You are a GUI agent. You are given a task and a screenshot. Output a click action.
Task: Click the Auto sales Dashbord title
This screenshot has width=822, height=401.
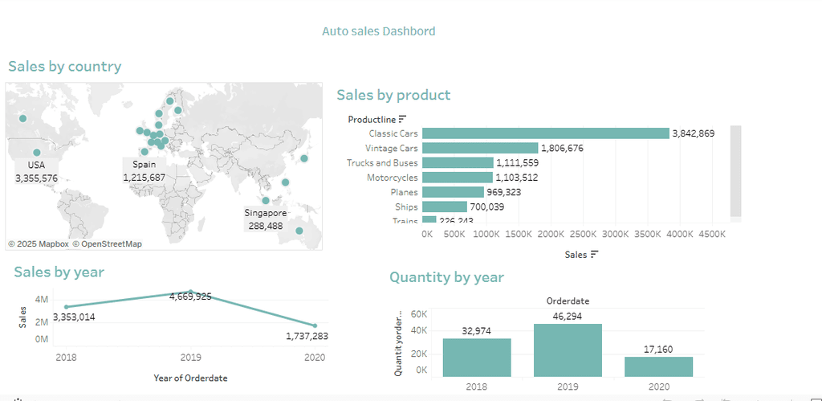point(378,31)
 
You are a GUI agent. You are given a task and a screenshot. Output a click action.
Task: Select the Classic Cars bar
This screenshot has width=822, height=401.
point(545,133)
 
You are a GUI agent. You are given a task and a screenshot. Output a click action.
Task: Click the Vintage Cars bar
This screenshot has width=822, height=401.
point(479,148)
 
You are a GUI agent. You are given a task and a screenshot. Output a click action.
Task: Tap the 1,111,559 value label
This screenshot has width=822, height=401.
point(523,163)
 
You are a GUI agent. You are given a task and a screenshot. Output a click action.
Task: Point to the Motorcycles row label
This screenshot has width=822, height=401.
point(392,178)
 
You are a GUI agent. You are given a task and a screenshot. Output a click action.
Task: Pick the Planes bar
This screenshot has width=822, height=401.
point(453,192)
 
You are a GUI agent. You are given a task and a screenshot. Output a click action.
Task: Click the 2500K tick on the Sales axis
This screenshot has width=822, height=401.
point(584,234)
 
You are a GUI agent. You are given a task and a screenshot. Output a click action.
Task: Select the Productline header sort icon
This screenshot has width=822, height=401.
point(402,120)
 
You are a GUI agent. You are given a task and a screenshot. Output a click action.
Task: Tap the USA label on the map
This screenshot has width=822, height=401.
point(36,166)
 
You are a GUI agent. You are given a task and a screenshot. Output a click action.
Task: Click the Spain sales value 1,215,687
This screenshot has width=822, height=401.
point(144,178)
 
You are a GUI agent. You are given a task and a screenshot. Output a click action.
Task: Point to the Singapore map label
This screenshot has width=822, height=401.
point(266,213)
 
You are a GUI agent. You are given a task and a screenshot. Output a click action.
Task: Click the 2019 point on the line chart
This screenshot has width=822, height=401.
point(190,292)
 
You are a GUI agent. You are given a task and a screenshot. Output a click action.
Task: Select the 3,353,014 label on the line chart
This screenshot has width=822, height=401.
point(74,317)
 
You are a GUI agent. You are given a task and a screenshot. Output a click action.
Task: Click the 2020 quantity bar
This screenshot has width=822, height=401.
point(658,366)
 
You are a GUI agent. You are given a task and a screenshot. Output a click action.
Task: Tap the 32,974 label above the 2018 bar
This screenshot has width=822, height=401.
point(476,330)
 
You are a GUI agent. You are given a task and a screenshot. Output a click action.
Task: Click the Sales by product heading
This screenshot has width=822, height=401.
point(393,95)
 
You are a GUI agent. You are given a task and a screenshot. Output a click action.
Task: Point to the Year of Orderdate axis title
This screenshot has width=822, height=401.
point(190,378)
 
